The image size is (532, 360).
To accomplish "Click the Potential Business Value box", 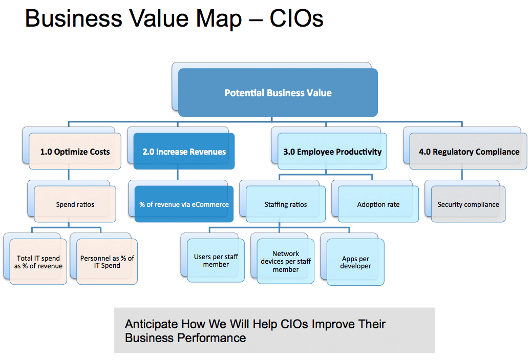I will (278, 93).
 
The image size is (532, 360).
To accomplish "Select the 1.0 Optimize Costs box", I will (75, 152).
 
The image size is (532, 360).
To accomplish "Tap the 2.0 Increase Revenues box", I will (184, 152).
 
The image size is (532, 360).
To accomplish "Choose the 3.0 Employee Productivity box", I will (332, 152).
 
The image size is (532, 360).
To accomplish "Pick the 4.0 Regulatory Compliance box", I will (469, 152).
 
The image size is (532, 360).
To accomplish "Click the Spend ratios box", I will (75, 204).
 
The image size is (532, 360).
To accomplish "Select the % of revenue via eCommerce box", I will (184, 204).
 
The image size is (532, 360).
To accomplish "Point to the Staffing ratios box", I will (286, 204).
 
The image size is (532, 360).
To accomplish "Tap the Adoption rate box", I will (378, 204).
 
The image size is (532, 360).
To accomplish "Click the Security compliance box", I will (468, 204).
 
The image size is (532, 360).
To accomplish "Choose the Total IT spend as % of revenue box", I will (38, 262).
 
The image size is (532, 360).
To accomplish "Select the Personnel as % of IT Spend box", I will (107, 262).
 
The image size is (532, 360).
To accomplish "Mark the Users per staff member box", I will (216, 260).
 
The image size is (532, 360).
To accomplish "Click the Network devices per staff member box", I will (286, 261).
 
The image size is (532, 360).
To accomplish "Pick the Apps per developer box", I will (355, 262).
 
